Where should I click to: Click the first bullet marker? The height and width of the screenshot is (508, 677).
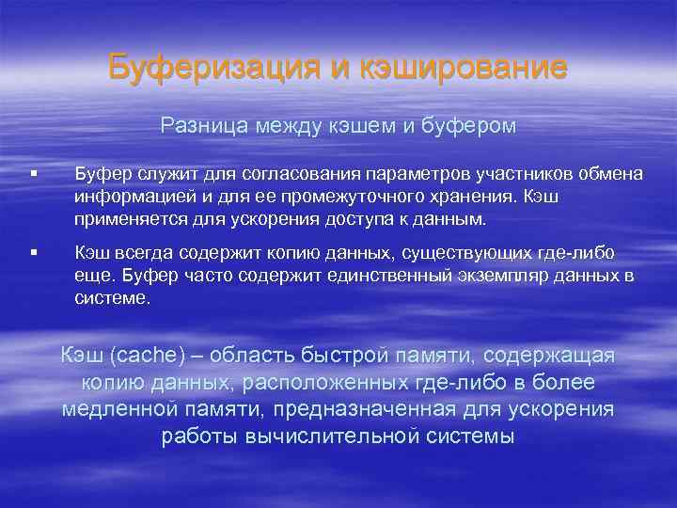[33, 172]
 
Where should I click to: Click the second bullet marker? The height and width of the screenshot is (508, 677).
[33, 251]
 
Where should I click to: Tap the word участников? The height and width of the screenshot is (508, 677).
[462, 172]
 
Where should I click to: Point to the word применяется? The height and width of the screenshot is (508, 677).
[128, 220]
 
